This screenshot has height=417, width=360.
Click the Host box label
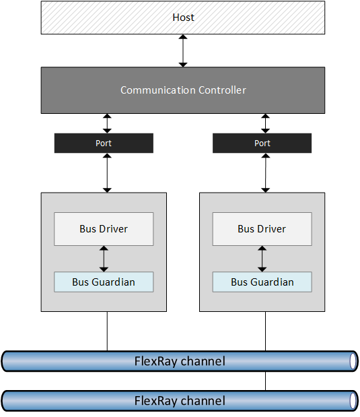tap(183, 18)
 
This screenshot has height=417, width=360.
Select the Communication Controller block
tap(183, 90)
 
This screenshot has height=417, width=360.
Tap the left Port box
tap(104, 143)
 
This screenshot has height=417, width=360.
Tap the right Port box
tap(262, 143)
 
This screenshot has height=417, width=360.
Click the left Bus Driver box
tap(104, 229)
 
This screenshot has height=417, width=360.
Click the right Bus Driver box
tap(262, 229)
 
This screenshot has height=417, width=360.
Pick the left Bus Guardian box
tap(104, 282)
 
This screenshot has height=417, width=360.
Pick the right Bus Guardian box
tap(262, 282)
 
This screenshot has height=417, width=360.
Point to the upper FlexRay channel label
tap(180, 361)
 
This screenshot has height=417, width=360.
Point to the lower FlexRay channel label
tap(180, 401)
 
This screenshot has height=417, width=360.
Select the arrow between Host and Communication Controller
tap(183, 51)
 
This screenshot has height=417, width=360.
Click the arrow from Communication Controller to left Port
tap(107, 123)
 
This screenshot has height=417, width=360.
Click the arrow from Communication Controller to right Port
tap(265, 123)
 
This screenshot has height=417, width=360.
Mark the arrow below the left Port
tap(107, 173)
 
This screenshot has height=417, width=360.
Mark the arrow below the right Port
tap(265, 173)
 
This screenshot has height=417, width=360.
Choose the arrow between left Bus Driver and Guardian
tap(104, 259)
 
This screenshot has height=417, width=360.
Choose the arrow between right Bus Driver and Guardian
tap(262, 259)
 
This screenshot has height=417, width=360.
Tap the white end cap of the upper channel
tap(353, 361)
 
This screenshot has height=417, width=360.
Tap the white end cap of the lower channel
tap(353, 401)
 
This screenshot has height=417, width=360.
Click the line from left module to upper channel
tap(107, 331)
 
